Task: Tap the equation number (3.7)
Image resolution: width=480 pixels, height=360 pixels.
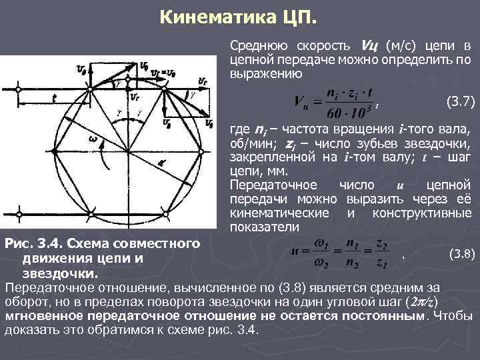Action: [x=459, y=102]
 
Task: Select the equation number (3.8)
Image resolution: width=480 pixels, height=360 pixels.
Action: [x=461, y=253]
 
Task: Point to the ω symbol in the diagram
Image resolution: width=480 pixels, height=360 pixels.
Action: [x=94, y=139]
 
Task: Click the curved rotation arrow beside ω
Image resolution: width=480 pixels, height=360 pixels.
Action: [x=101, y=157]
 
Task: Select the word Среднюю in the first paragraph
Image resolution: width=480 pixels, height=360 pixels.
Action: [x=255, y=46]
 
